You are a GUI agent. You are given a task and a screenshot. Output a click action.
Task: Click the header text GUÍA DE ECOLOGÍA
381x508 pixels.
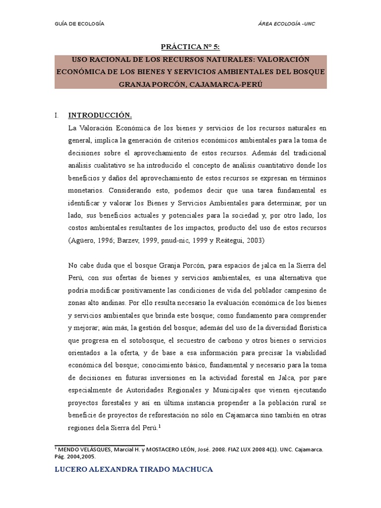pyautogui.click(x=79, y=24)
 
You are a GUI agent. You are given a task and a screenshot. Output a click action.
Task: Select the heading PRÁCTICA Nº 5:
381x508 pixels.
pyautogui.click(x=190, y=47)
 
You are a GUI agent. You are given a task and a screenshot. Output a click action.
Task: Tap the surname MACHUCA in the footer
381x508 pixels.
pyautogui.click(x=192, y=469)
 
